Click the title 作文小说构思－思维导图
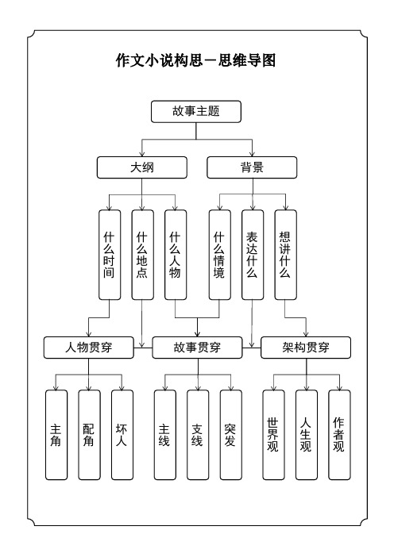pos(196,60)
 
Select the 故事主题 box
pos(196,113)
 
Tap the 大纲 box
pos(142,167)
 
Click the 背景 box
pos(252,167)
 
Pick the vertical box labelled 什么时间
pos(109,254)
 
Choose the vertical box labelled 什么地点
pos(142,254)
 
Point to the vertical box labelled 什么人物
pos(176,254)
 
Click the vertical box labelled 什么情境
pos(219,254)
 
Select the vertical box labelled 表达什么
pos(252,254)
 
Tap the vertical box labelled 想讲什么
pos(285,254)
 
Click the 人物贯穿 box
pos(88,347)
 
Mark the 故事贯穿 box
pos(197,347)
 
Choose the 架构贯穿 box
pos(306,347)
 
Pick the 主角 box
pos(56,435)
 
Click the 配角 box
pos(88,435)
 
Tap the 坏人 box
pos(122,435)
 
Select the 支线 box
pos(197,435)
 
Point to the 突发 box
pos(230,435)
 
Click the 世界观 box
pos(273,435)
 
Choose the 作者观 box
pos(339,435)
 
